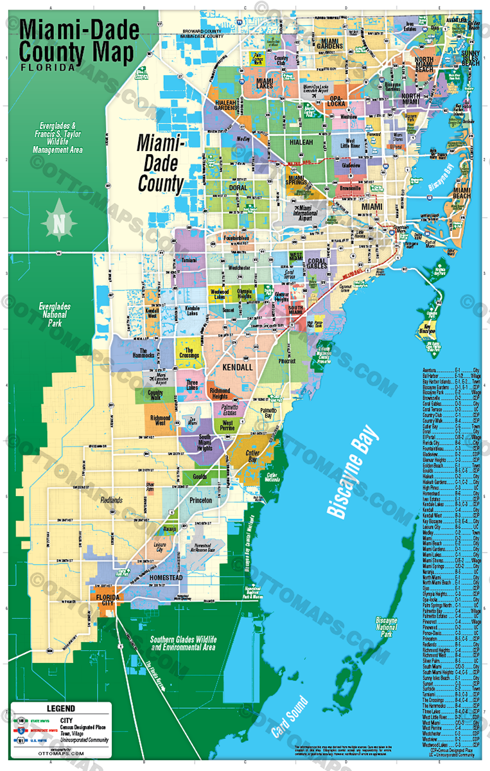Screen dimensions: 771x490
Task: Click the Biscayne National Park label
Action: click(x=387, y=626)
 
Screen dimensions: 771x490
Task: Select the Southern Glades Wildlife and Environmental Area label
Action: click(x=183, y=643)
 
